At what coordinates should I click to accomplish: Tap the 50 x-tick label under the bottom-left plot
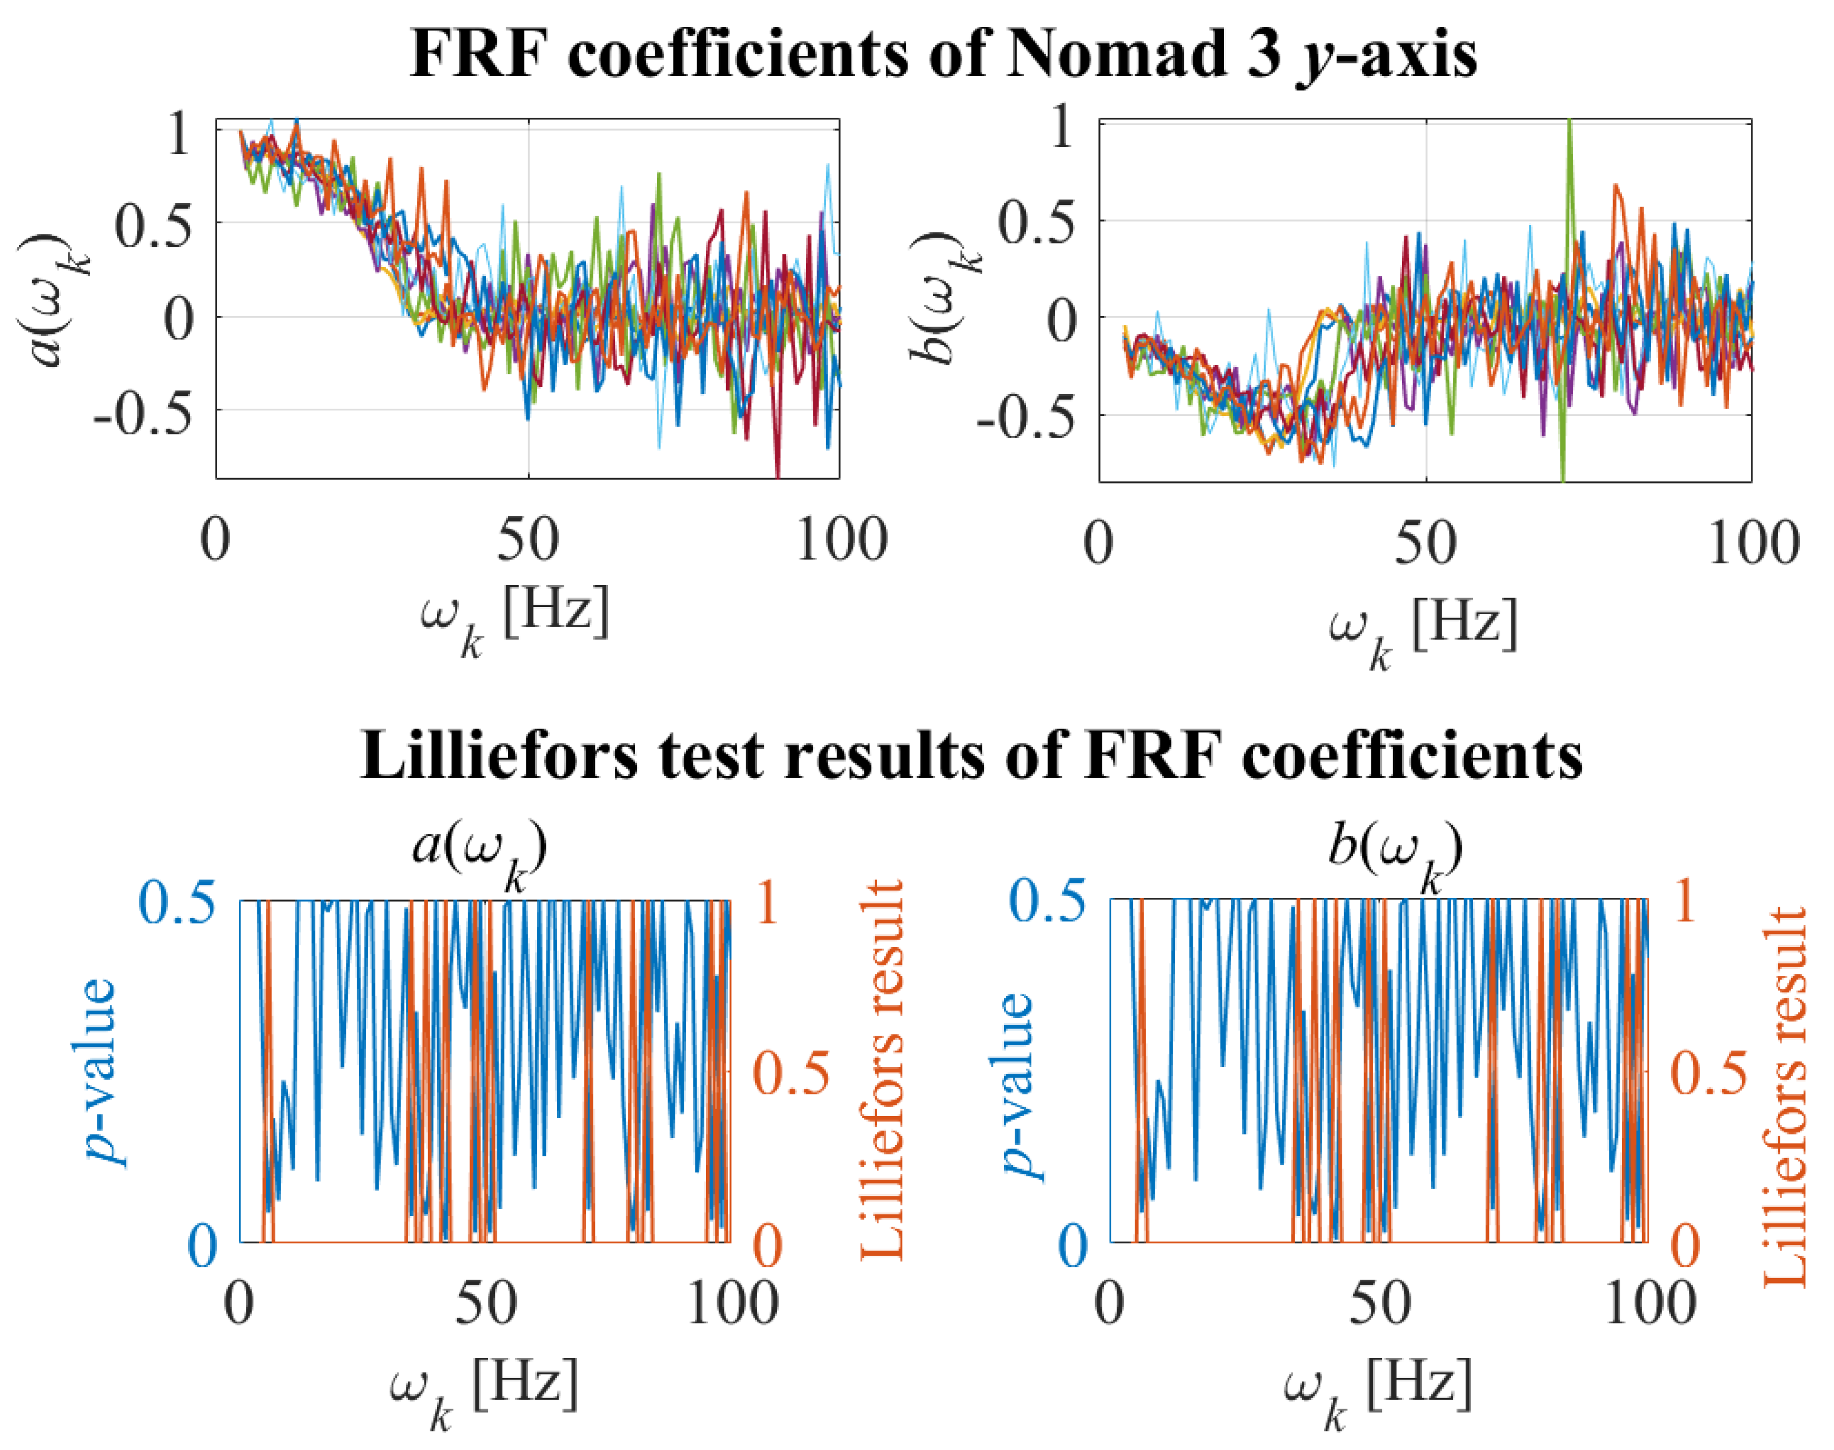click(486, 1303)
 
